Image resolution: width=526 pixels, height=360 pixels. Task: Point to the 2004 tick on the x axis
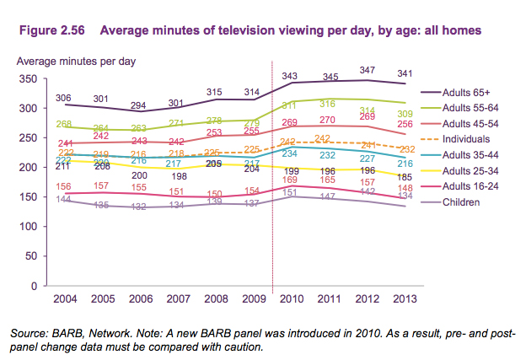[x=63, y=299]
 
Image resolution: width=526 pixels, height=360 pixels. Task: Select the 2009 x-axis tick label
[x=254, y=299]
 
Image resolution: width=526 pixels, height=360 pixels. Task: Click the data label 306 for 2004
[x=63, y=98]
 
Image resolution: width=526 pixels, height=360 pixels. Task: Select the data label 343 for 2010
[x=292, y=77]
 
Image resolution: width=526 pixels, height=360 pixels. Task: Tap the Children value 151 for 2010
[x=292, y=192]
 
